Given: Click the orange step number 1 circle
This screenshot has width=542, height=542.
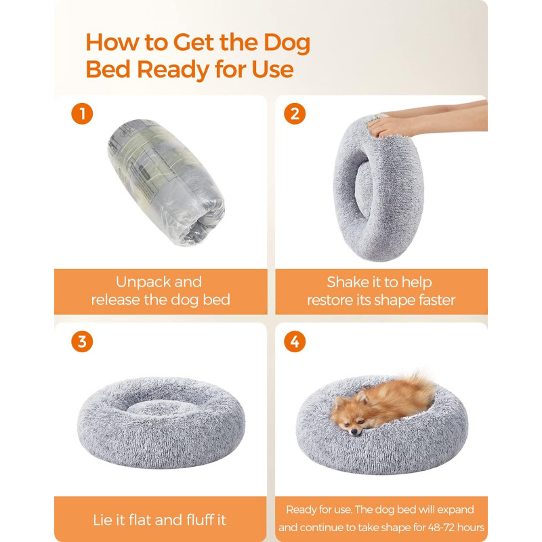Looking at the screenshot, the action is (82, 113).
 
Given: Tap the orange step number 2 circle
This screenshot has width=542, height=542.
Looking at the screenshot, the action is (295, 113).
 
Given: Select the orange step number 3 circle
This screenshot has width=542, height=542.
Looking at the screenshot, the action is (82, 341).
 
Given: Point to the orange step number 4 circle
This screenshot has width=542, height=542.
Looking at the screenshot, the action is (295, 341).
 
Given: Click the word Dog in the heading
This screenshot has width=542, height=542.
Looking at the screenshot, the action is (287, 43).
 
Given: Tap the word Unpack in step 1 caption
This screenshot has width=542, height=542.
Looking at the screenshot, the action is (142, 282).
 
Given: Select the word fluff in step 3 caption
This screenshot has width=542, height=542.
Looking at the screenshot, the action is (199, 520).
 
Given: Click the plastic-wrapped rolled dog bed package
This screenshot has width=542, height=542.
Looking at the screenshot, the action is (166, 182).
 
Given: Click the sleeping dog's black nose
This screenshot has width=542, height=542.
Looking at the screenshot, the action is (354, 432).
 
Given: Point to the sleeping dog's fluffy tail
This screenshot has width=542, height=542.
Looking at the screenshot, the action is (418, 386).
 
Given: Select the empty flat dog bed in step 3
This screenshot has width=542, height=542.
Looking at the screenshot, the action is (161, 422).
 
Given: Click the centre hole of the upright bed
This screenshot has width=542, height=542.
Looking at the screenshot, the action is (363, 189).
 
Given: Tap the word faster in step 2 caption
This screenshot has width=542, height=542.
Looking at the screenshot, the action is (437, 300).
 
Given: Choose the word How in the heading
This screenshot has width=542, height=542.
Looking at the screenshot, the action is (112, 43).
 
